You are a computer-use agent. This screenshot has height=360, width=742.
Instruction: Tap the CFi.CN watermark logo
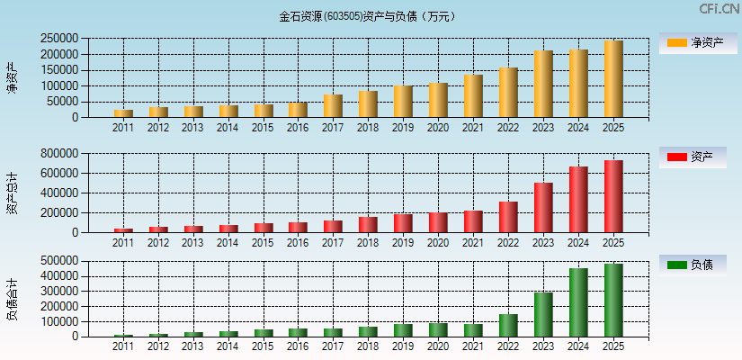719,9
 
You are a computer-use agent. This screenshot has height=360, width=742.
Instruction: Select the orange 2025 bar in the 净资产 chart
613,79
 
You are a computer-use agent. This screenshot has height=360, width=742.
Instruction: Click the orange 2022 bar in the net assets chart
508,93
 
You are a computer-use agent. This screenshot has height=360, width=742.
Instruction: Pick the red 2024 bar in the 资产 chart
578,200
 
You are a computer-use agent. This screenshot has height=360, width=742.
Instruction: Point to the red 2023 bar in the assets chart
543,208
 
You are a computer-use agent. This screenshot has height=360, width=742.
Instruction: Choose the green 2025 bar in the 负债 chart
613,301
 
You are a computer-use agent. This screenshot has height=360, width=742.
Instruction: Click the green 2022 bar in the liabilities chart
508,326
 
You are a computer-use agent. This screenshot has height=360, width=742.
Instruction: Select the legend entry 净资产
698,42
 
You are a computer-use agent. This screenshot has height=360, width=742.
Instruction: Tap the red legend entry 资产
698,157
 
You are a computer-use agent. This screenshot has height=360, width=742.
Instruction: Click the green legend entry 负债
698,265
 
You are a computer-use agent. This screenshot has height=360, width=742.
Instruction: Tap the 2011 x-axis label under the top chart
123,128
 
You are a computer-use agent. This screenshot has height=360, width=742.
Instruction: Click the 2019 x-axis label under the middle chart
403,243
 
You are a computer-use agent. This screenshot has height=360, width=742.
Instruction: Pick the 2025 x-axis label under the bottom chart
613,346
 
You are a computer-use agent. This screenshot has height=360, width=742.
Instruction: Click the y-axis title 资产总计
12,193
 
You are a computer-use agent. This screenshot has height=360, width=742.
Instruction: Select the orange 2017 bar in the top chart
333,106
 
